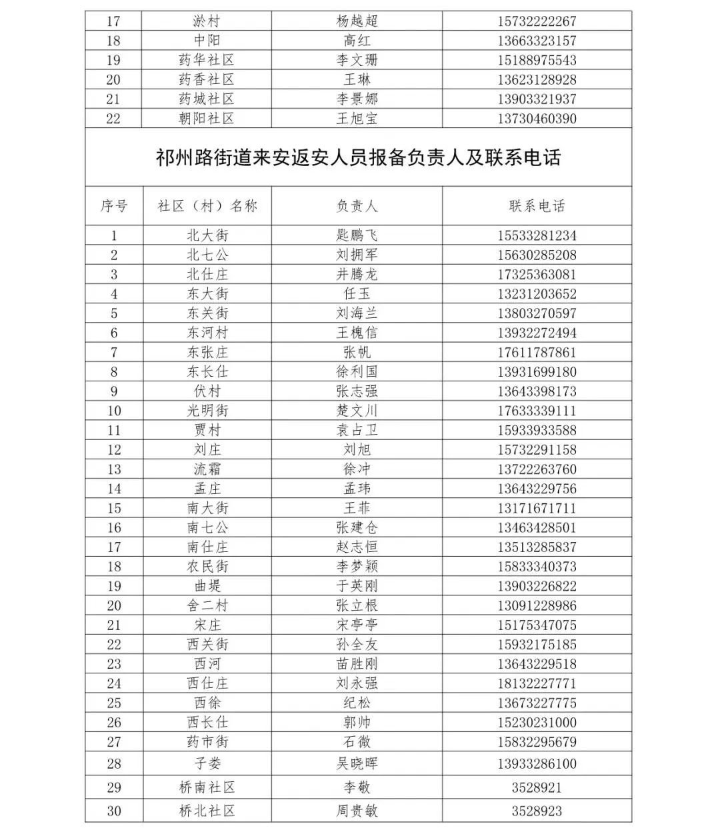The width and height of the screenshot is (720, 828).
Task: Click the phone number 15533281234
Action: (537, 235)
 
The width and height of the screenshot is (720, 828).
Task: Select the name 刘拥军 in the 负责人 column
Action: (357, 255)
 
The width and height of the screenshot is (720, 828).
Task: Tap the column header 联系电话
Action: (537, 206)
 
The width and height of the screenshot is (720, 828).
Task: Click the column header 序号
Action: (114, 206)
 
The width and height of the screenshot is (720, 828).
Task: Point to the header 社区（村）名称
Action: (207, 206)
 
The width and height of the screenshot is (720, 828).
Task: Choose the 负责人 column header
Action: (357, 206)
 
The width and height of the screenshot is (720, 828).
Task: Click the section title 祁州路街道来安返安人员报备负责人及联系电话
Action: (358, 157)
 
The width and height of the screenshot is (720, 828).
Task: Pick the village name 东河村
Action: (207, 333)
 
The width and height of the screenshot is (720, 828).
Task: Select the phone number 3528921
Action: (537, 787)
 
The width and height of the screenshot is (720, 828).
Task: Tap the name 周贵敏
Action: (357, 811)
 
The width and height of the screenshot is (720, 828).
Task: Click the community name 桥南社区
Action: (207, 787)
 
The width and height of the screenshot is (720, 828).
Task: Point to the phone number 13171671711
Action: (537, 508)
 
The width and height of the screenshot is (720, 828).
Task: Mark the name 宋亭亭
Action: (357, 625)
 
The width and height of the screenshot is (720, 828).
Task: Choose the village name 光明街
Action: (207, 411)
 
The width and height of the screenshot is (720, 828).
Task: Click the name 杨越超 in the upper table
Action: (357, 21)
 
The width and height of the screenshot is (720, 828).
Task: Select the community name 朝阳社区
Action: (207, 119)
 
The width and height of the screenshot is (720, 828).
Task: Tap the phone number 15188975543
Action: (537, 60)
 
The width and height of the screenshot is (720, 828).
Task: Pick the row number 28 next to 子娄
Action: (114, 763)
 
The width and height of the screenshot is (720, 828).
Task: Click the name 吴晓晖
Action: (357, 763)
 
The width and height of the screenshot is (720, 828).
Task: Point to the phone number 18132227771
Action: (537, 683)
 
